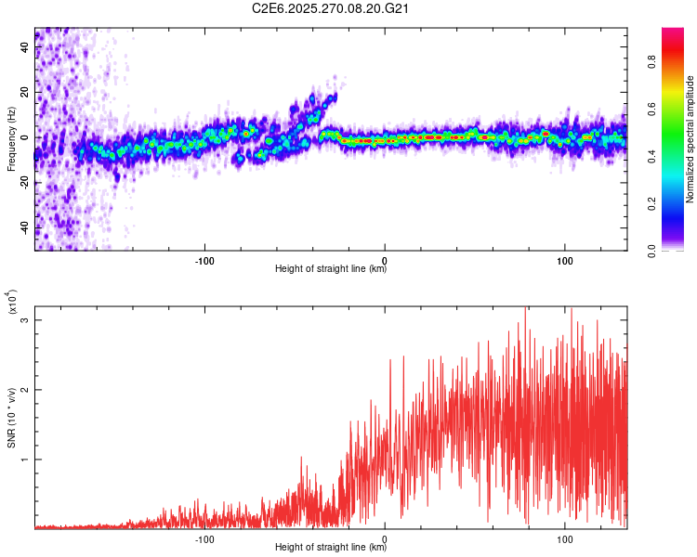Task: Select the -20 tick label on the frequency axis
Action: coord(22,182)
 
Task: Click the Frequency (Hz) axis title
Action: coord(10,139)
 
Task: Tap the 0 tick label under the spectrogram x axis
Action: coord(385,259)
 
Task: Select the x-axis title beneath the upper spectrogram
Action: coord(331,269)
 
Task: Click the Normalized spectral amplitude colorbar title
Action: coord(690,139)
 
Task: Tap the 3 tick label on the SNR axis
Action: coord(26,320)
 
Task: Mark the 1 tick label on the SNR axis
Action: coord(26,459)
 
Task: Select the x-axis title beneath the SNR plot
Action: coord(331,547)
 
